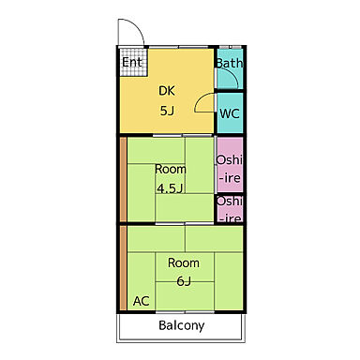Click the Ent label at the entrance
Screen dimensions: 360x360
(132, 62)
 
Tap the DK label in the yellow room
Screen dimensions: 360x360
(167, 91)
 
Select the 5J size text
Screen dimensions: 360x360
(167, 111)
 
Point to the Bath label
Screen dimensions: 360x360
(230, 63)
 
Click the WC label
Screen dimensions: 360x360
(230, 113)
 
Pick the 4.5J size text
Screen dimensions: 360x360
(170, 188)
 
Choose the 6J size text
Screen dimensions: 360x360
(184, 281)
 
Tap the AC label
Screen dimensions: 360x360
(142, 301)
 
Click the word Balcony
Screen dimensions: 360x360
(182, 325)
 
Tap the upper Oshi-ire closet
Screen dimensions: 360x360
(230, 164)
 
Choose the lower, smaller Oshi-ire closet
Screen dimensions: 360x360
(230, 209)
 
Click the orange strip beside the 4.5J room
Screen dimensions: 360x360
(124, 179)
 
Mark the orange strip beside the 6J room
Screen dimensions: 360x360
(124, 268)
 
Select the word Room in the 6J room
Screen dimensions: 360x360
(184, 263)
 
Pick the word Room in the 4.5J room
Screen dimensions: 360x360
(171, 170)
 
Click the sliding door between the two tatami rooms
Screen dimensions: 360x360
(185, 224)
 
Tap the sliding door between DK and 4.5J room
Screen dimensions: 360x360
(183, 135)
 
